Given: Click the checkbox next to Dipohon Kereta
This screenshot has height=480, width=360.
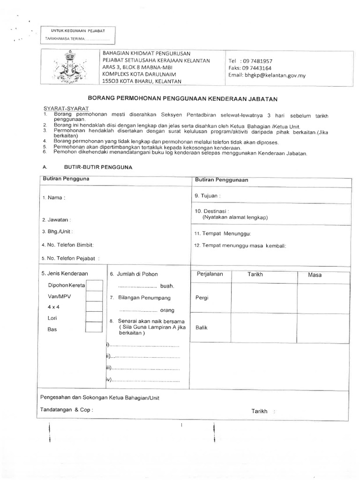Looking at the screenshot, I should [94, 285].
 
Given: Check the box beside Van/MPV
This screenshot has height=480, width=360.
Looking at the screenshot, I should [94, 296].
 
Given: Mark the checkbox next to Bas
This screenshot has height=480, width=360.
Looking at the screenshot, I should [94, 328].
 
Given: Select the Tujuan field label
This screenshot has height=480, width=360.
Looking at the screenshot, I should [207, 195].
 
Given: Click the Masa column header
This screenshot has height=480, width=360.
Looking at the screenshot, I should [315, 275].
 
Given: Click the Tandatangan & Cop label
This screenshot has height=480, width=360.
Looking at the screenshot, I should [67, 409].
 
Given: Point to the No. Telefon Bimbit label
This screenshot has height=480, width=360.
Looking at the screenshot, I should [67, 245].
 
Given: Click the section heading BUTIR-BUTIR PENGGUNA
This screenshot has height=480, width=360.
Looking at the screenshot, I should [98, 167].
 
